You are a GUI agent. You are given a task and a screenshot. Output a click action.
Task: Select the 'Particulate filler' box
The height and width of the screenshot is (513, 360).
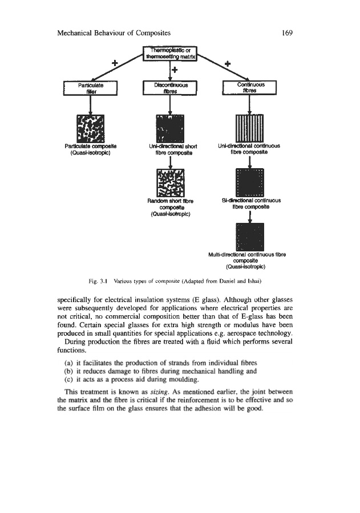(x=91, y=88)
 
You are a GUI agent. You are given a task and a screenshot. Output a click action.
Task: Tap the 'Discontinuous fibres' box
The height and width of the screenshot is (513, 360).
(x=169, y=88)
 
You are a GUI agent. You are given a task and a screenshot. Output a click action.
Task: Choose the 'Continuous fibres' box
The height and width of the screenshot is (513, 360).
(x=249, y=88)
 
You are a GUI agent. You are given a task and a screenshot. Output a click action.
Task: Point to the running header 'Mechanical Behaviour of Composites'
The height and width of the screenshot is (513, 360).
(x=115, y=32)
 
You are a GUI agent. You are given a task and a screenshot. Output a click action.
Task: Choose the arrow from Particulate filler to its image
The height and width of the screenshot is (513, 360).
(x=91, y=104)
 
